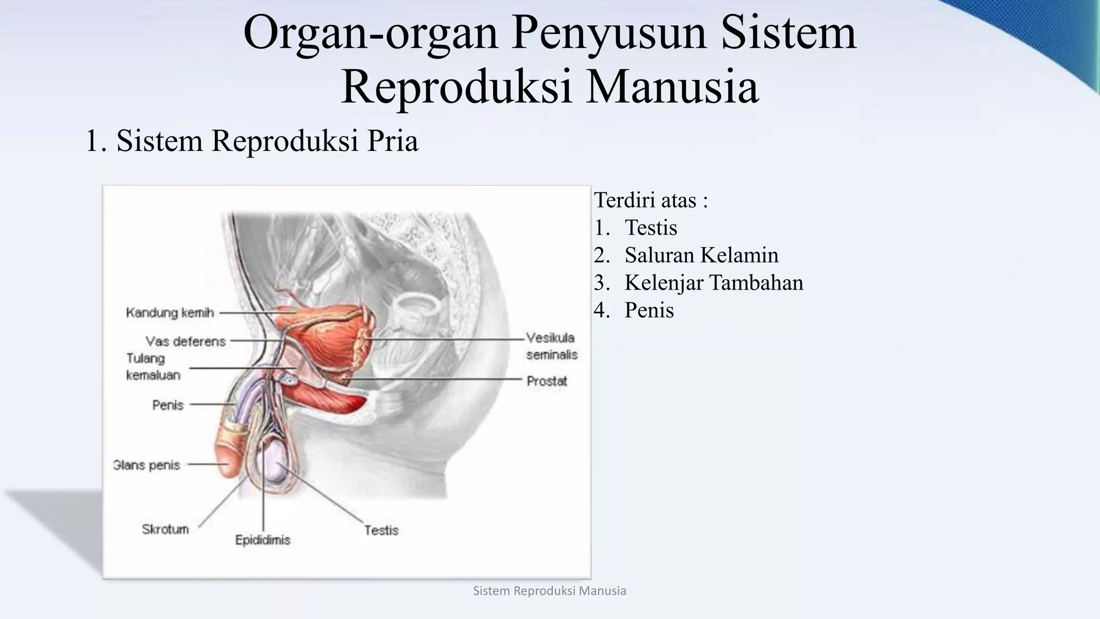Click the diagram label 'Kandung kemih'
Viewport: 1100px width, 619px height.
pos(170,313)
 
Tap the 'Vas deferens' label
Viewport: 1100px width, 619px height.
pos(185,341)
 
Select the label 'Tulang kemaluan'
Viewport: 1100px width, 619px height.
pos(153,366)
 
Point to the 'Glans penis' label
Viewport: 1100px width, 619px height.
pos(146,465)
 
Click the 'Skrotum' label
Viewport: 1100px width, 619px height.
pos(165,529)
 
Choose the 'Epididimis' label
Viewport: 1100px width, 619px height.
pos(263,540)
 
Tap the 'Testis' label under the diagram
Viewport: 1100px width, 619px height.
pos(381,530)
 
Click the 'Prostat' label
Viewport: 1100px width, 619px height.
pos(547,381)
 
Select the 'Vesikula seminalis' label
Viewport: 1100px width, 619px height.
pos(551,346)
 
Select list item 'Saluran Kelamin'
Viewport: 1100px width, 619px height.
pos(701,255)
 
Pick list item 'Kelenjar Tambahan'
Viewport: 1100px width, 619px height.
pos(713,283)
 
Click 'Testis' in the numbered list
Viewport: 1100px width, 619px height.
pos(650,228)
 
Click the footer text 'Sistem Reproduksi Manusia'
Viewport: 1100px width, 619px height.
pos(549,591)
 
